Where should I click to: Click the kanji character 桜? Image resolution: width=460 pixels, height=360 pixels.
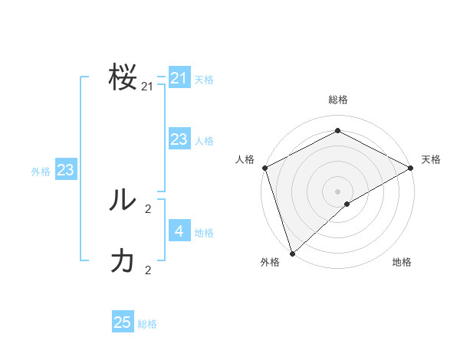point(123,78)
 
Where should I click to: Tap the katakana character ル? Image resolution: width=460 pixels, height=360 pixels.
point(123,200)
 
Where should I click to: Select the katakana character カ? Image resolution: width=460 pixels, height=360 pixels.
point(123,261)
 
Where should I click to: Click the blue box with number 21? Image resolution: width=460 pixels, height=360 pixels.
point(179,78)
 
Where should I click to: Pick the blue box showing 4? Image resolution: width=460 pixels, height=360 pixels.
point(179,231)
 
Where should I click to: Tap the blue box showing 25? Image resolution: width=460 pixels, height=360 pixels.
point(123,322)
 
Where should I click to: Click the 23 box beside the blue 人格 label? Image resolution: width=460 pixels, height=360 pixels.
point(179,139)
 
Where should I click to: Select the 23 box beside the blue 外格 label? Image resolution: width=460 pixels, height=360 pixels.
point(65,170)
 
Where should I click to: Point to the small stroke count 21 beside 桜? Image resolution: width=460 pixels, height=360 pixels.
point(147,87)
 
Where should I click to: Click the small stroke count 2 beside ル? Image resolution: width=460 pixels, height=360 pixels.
point(148,208)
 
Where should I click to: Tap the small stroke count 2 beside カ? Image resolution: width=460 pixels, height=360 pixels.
point(148,270)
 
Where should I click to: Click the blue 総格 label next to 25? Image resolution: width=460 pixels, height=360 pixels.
point(147,324)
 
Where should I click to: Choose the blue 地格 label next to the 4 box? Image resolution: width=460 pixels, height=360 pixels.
point(204,233)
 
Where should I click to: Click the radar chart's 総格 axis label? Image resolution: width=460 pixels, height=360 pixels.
point(337,100)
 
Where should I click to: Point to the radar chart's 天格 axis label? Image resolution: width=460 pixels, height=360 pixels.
point(431,159)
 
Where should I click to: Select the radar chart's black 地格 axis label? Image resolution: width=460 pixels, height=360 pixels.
point(402,262)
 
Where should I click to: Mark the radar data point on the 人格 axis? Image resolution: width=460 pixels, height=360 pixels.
point(264,168)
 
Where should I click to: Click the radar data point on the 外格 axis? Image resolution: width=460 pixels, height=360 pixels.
point(292,253)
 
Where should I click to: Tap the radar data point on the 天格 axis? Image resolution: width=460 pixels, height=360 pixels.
point(410,168)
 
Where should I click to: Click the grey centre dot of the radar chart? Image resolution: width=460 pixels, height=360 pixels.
point(337,191)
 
